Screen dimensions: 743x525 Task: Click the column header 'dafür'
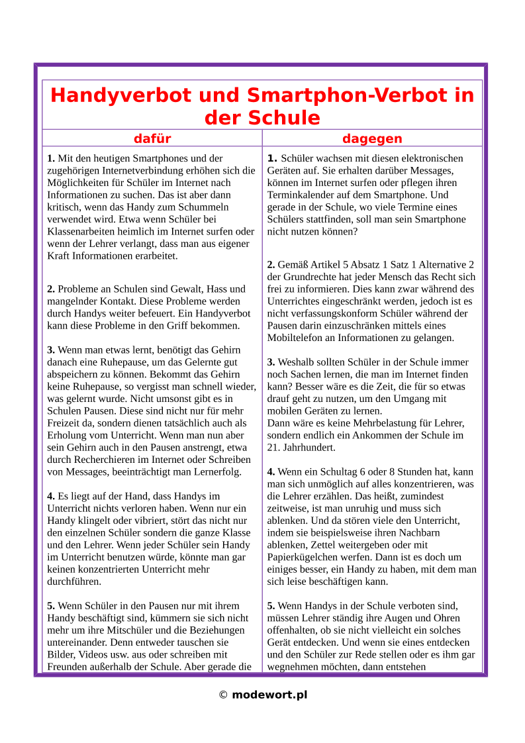click(x=152, y=138)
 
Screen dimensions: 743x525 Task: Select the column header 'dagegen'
click(x=372, y=138)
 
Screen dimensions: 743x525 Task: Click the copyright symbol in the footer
click(x=223, y=695)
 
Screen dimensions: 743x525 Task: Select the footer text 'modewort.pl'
click(x=269, y=695)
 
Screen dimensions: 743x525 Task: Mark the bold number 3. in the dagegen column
click(x=271, y=362)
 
